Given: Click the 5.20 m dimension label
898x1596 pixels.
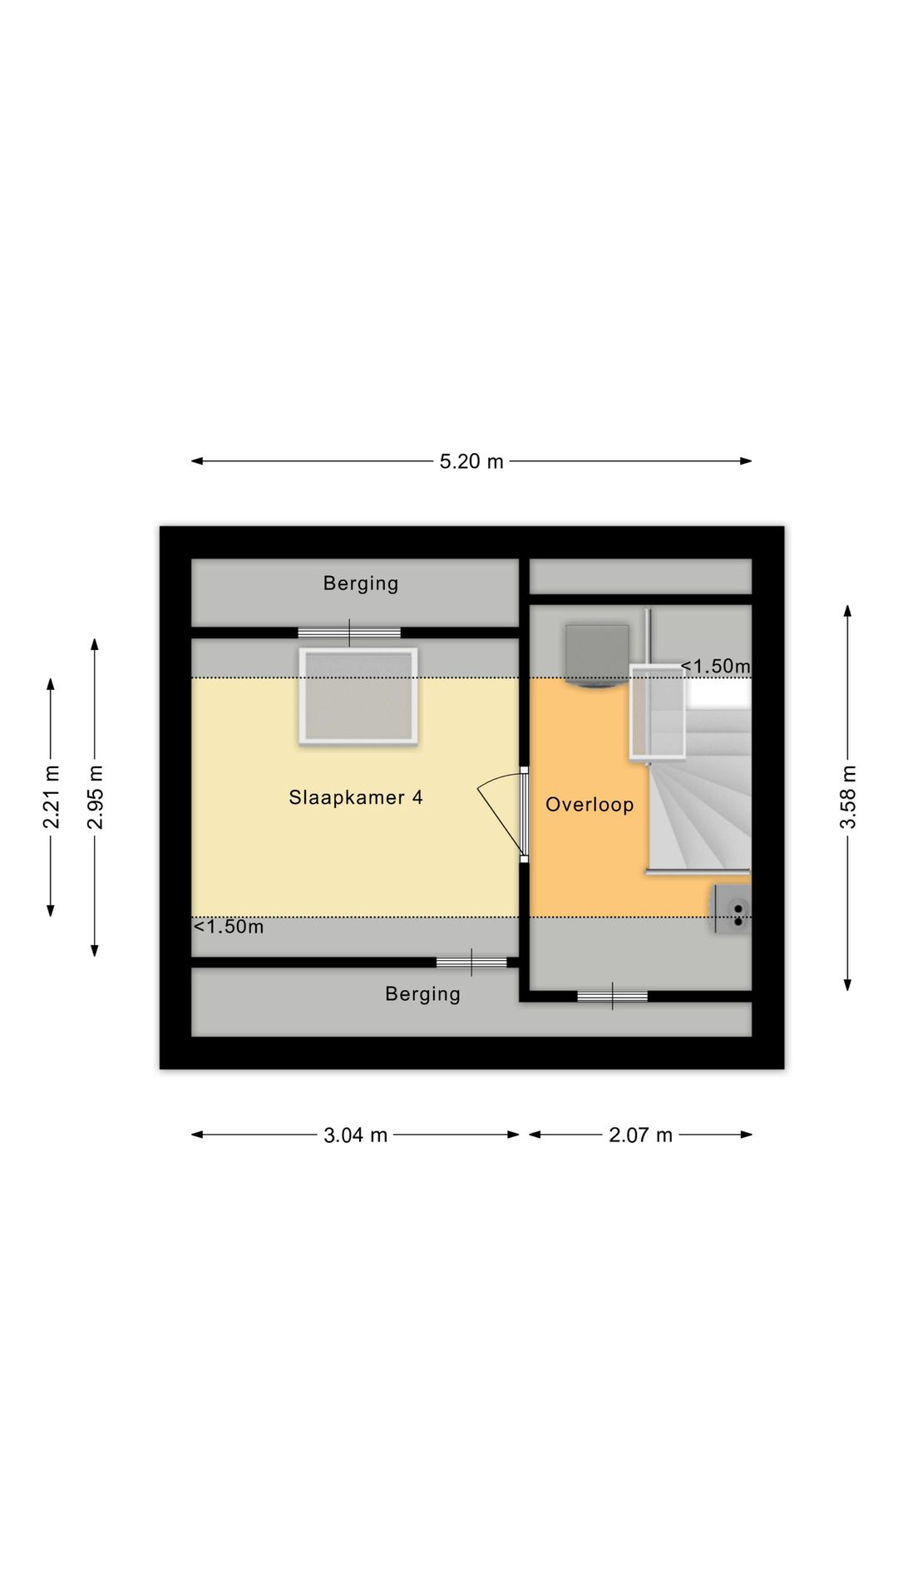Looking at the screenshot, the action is pos(471,461).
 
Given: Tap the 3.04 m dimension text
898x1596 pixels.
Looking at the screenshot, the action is pos(355,1135).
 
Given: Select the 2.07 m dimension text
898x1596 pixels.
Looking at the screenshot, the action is pos(640,1135).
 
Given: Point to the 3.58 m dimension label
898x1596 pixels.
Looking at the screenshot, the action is pos(847,797).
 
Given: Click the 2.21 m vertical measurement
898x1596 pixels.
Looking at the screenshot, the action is pos(52,797).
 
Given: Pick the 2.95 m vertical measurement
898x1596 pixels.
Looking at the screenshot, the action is pos(96,797).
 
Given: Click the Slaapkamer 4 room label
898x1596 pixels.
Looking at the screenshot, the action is pos(356,798).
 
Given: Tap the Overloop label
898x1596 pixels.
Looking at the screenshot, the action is pos(590,805).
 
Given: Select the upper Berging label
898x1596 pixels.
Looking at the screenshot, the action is pos(361,584).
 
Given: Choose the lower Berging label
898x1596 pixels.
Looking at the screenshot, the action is pos(422,994).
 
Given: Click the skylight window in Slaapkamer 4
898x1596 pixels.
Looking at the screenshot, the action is pos(358,697).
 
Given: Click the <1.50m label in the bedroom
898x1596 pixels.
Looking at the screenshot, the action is pos(229,927).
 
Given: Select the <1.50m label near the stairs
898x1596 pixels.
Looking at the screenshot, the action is pos(716,667).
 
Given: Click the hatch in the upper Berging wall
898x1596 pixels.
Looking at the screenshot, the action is pos(349,633).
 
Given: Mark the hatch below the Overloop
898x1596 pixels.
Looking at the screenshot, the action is pos(613,996).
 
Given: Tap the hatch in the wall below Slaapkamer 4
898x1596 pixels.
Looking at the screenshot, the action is pos(471,963).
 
